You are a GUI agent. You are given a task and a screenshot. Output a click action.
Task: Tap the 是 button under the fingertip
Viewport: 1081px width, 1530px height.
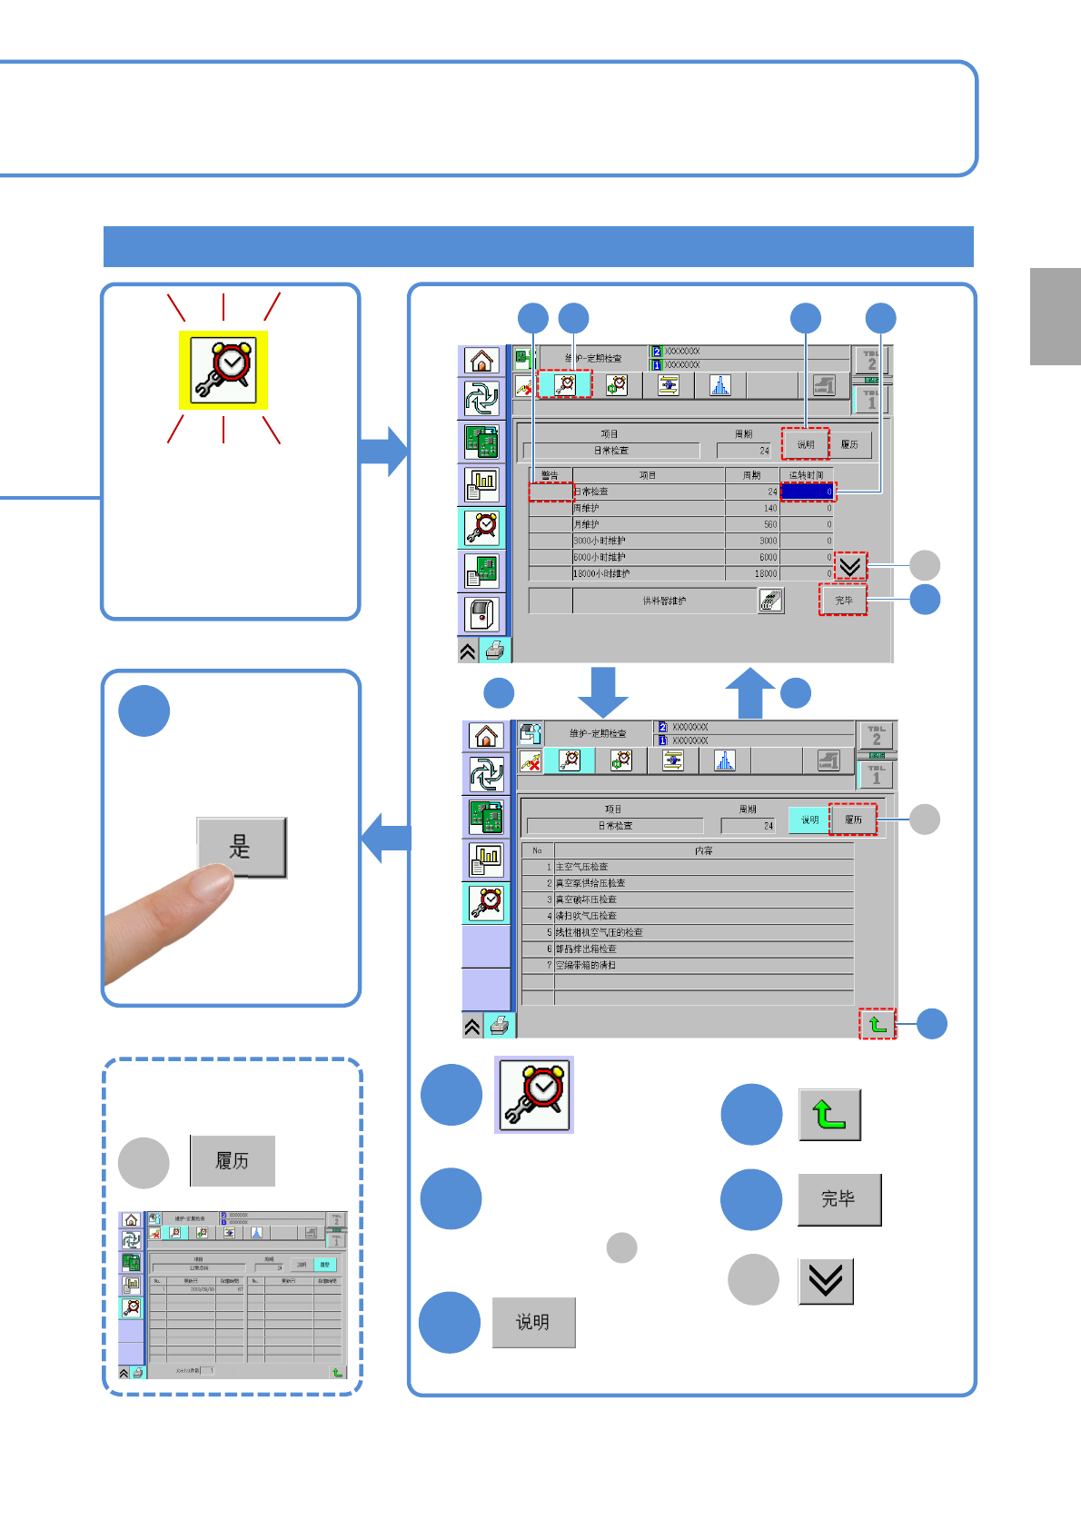coord(242,847)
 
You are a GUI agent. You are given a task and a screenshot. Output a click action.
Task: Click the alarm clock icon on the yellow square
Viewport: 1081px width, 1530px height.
coord(223,370)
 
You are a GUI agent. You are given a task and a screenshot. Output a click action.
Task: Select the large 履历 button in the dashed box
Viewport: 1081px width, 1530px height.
coord(233,1160)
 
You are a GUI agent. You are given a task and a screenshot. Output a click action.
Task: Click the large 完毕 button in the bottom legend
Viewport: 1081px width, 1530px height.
coord(839,1199)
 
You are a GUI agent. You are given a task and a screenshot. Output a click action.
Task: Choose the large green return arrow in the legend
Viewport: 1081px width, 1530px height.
coord(829,1115)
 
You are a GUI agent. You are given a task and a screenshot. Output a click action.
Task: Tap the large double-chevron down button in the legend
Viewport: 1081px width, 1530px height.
coord(826,1281)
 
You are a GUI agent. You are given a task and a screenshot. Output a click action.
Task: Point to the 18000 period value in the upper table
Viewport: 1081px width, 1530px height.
coord(765,573)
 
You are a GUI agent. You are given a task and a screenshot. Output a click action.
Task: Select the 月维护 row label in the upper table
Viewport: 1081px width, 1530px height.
coord(587,524)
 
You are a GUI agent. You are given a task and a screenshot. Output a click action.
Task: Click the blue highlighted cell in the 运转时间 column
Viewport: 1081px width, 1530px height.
coord(807,492)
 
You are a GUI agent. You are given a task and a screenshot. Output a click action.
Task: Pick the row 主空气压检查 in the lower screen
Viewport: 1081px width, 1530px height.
coord(582,867)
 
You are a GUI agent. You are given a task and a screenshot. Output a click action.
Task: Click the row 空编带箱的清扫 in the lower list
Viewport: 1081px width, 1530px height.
coord(586,965)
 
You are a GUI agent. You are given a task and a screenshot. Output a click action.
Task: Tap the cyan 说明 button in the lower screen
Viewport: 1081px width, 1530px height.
coord(809,820)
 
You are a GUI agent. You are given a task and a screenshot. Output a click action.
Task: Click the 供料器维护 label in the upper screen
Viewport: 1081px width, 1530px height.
coord(664,601)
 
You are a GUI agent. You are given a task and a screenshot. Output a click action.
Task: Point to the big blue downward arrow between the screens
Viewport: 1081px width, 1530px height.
coord(603,691)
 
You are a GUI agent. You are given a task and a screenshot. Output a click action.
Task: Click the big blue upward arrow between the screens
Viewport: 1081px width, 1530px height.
coord(750,693)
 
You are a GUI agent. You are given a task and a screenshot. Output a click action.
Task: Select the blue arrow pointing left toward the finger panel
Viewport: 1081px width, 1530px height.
coord(385,838)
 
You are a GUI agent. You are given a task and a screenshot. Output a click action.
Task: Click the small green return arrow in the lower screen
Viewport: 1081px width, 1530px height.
coord(878,1024)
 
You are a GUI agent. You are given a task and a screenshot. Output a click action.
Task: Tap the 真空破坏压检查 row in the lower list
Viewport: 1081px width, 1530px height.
coord(586,899)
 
